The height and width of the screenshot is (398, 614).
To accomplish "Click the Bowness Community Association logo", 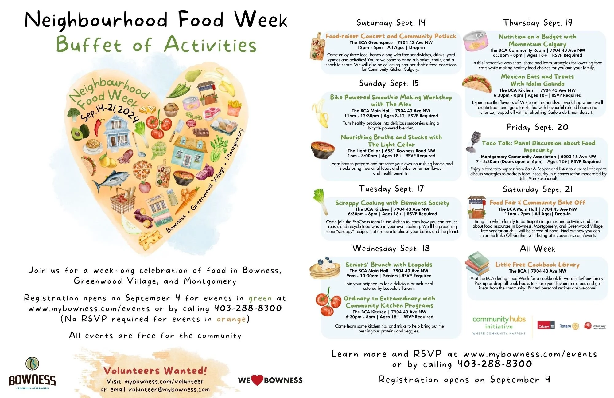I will coord(32,374).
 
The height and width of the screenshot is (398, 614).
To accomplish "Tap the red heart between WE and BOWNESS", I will coord(257,380).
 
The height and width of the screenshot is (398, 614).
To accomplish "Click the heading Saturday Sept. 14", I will coord(391,22).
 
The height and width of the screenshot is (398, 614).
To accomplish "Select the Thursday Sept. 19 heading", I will coord(537,22).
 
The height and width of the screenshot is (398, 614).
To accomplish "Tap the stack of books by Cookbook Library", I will coord(478,263).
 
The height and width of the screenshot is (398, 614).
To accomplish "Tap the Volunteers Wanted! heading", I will coord(155,371).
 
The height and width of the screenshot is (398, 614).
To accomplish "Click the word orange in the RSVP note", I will coord(231,319).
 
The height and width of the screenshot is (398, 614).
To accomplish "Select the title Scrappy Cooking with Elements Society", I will coord(392,203).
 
